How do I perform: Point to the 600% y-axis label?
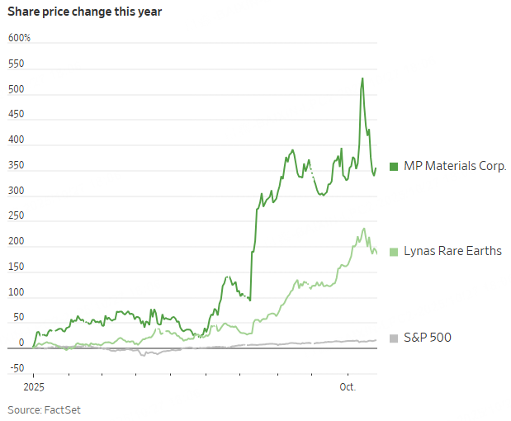pyautogui.click(x=19, y=38)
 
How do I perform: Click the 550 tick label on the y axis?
pyautogui.click(x=16, y=64)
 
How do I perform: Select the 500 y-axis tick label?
pyautogui.click(x=16, y=89)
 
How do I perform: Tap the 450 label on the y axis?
pyautogui.click(x=16, y=115)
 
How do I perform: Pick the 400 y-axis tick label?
pyautogui.click(x=16, y=140)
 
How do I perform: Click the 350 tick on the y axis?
pyautogui.click(x=16, y=166)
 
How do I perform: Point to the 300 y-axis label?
pyautogui.click(x=16, y=192)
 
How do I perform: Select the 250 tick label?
pyautogui.click(x=16, y=217)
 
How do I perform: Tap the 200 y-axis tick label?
pyautogui.click(x=16, y=242)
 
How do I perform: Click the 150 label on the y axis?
pyautogui.click(x=16, y=267)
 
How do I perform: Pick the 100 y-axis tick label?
pyautogui.click(x=16, y=293)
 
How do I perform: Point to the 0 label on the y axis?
pyautogui.click(x=22, y=343)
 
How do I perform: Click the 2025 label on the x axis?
pyautogui.click(x=33, y=386)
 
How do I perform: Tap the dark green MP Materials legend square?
pyautogui.click(x=394, y=166)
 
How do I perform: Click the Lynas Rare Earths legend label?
pyautogui.click(x=452, y=251)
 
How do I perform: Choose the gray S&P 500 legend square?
pyautogui.click(x=394, y=338)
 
